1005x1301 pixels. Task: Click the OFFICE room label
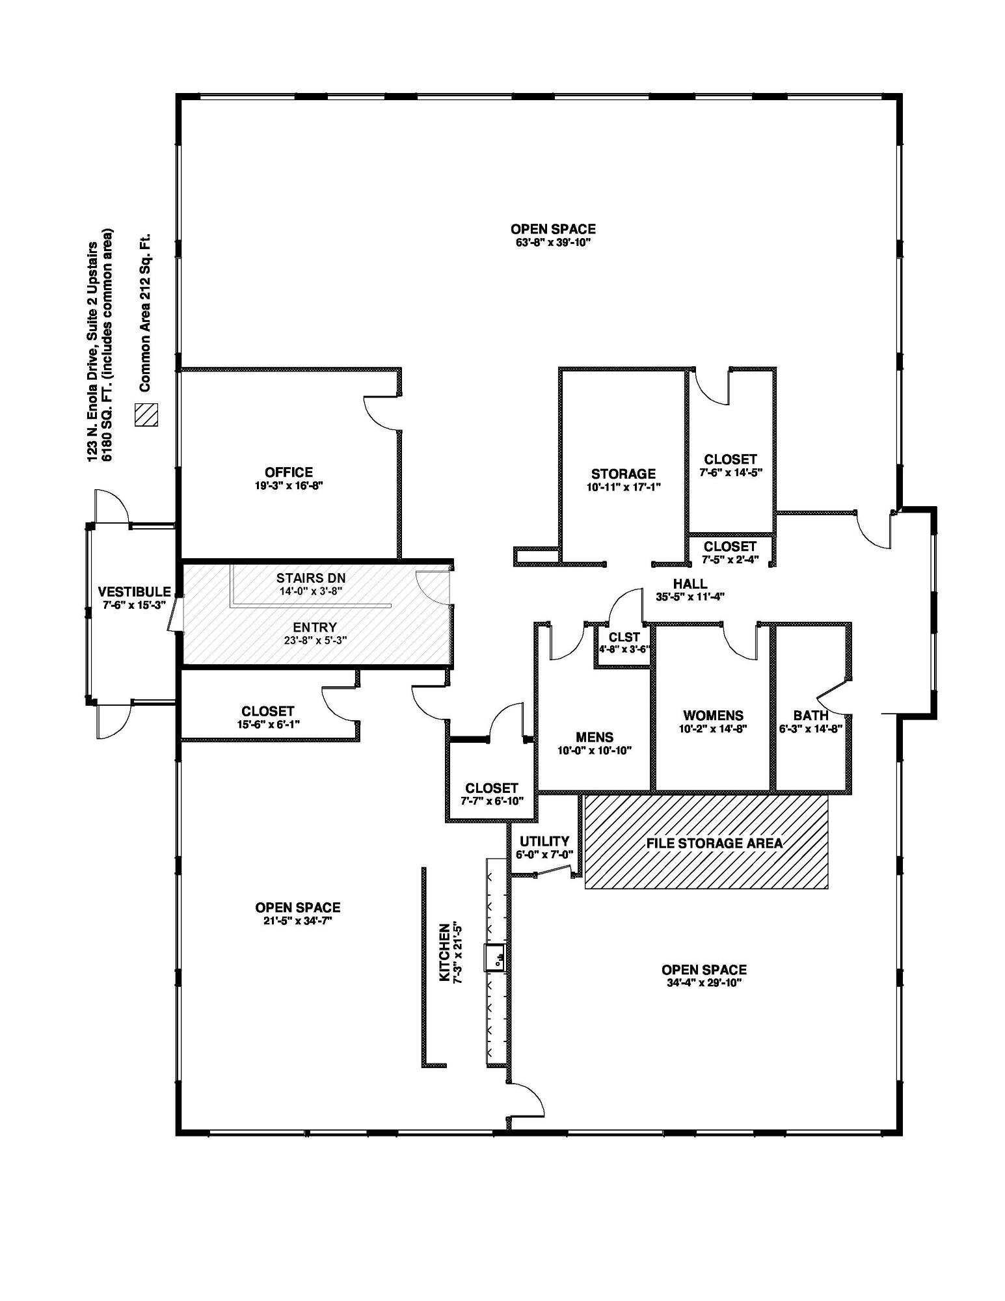289,472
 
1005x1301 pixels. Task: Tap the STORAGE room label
623,474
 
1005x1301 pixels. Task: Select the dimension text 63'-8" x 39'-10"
553,243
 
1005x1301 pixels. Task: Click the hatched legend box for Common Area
146,414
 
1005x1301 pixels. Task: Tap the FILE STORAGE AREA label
714,843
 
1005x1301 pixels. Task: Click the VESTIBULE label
134,592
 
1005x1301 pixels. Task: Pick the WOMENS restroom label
713,716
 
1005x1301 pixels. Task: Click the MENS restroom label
595,737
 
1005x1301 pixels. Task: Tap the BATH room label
811,716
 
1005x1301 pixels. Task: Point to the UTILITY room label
544,841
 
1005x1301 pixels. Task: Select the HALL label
690,583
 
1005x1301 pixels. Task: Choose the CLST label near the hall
624,637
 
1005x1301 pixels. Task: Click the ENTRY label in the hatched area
315,627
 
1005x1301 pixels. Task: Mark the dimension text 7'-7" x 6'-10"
492,801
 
